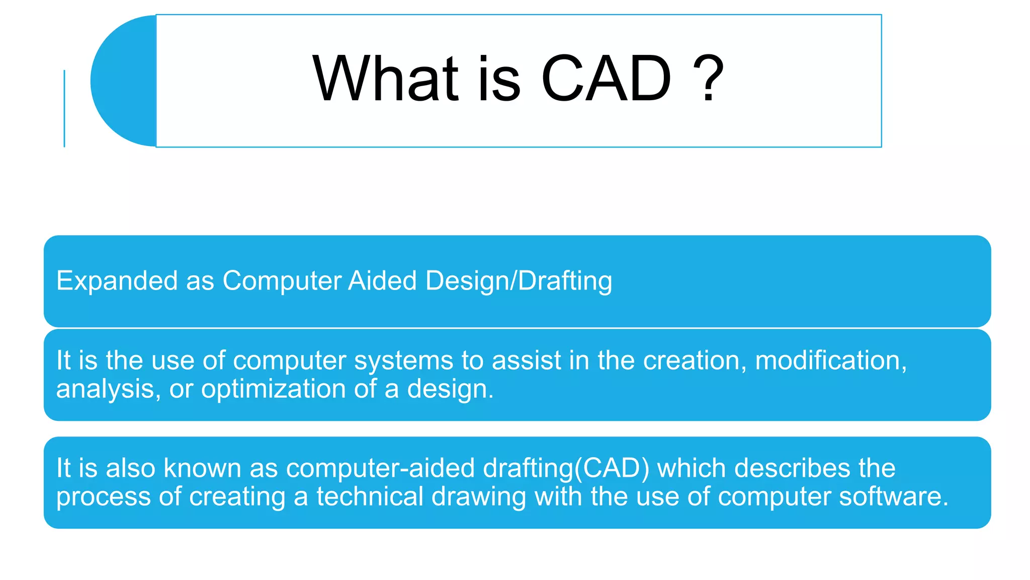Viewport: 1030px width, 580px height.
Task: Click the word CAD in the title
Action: [606, 79]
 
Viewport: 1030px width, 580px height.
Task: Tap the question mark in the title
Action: [708, 79]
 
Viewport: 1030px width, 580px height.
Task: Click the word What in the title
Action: [385, 79]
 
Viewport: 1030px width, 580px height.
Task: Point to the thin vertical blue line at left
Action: [64, 108]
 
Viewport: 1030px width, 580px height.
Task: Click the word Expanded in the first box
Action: [117, 281]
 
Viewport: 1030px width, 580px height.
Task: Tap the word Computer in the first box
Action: [282, 281]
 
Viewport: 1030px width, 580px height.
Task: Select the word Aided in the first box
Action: [382, 281]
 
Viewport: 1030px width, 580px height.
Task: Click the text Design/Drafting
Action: [519, 281]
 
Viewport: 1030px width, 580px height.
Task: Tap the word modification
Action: [830, 361]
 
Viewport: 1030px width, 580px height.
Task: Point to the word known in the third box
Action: [202, 468]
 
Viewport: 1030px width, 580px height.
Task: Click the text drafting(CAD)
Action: [566, 468]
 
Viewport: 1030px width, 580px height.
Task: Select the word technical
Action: [370, 496]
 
